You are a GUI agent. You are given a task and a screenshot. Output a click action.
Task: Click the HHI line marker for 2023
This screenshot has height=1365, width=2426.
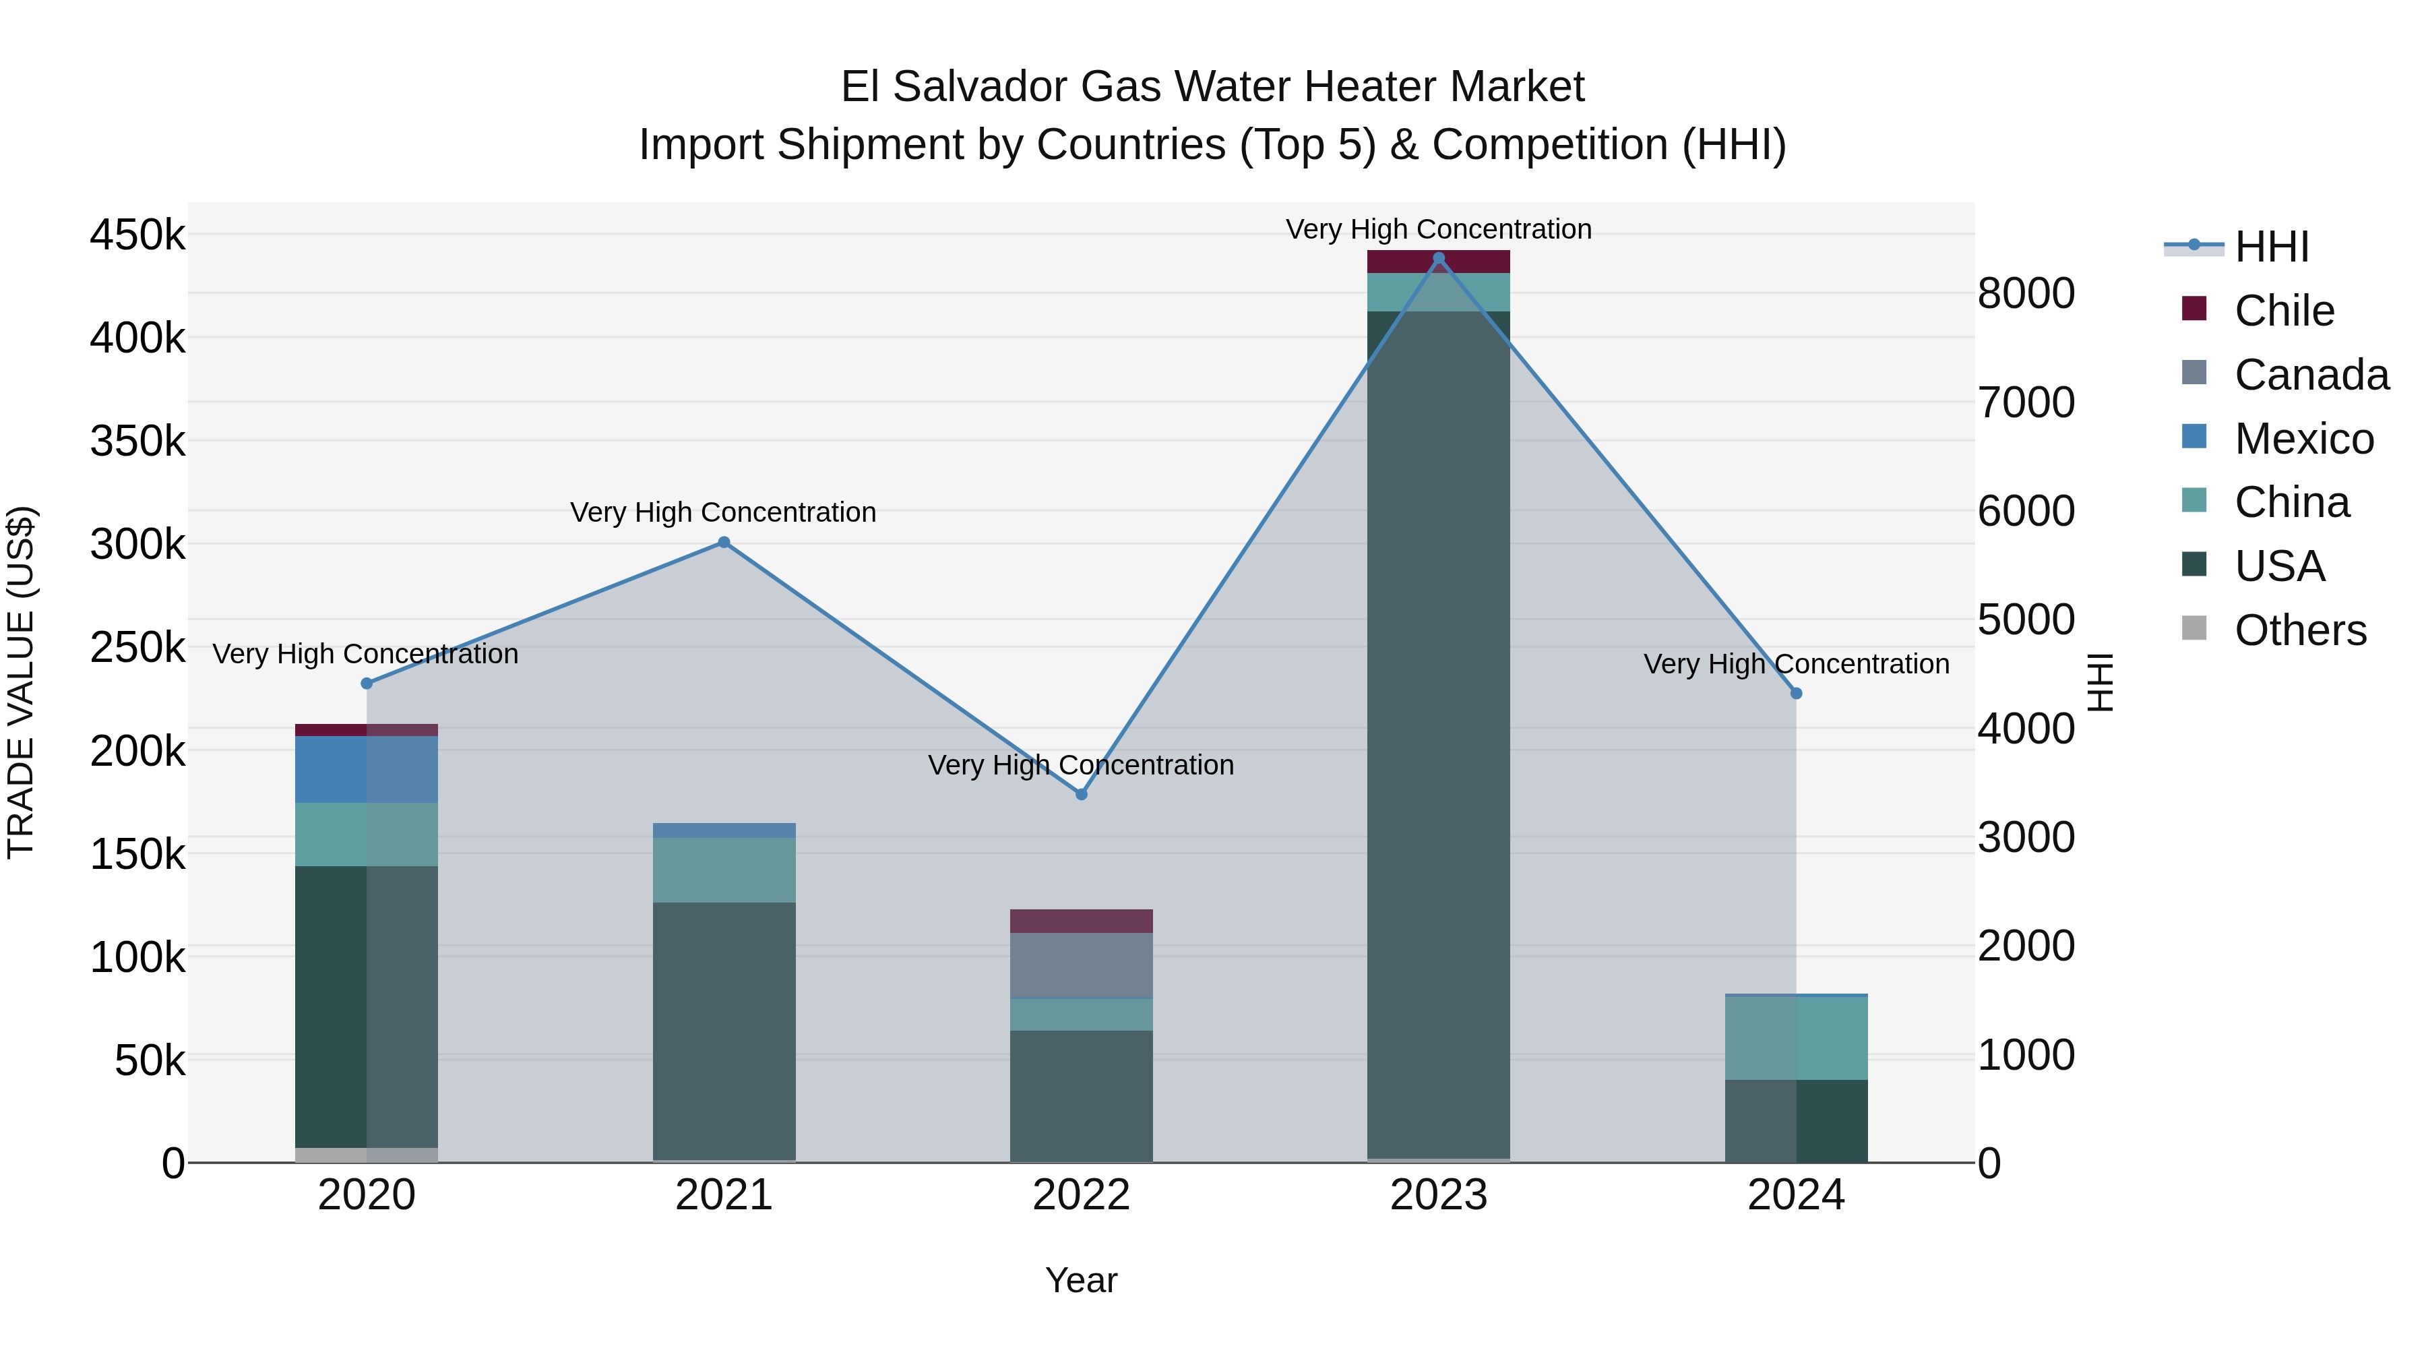tap(1438, 258)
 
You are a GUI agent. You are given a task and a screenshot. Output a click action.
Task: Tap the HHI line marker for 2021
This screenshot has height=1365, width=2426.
tap(723, 542)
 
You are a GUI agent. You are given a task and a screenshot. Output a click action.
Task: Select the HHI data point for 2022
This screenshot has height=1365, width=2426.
tap(1081, 794)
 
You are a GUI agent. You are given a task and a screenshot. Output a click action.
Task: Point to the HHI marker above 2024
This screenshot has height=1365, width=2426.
tap(1795, 694)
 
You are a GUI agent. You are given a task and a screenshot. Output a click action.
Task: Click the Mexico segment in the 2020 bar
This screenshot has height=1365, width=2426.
tap(367, 770)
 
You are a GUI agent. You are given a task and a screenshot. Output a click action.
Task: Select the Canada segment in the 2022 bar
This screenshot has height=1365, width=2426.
tap(1081, 965)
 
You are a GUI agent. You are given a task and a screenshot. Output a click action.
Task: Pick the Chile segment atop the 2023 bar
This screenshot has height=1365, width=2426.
tap(1438, 262)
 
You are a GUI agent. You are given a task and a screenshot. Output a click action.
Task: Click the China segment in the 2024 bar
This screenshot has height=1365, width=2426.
tap(1795, 1037)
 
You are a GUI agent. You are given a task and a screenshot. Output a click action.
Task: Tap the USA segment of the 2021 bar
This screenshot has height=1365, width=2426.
tap(723, 1031)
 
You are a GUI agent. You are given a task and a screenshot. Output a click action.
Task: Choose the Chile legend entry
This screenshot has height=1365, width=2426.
tap(2284, 311)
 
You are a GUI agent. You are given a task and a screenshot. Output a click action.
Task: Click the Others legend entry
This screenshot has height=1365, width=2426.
tap(2299, 630)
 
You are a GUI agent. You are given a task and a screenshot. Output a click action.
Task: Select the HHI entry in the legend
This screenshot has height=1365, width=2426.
tap(2270, 247)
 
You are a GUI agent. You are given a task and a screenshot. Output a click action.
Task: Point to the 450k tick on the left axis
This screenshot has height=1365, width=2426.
tap(137, 235)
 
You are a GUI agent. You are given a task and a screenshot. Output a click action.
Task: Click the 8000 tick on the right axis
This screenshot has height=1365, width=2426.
tap(2025, 293)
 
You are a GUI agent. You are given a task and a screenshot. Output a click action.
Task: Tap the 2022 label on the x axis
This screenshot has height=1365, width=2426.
tap(1081, 1194)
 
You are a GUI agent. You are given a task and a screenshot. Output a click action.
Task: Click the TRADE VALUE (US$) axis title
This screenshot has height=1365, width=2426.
tap(21, 682)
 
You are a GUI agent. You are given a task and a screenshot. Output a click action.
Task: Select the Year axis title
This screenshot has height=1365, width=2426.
tap(1081, 1280)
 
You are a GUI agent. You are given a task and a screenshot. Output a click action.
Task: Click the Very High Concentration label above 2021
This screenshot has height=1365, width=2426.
tap(723, 512)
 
